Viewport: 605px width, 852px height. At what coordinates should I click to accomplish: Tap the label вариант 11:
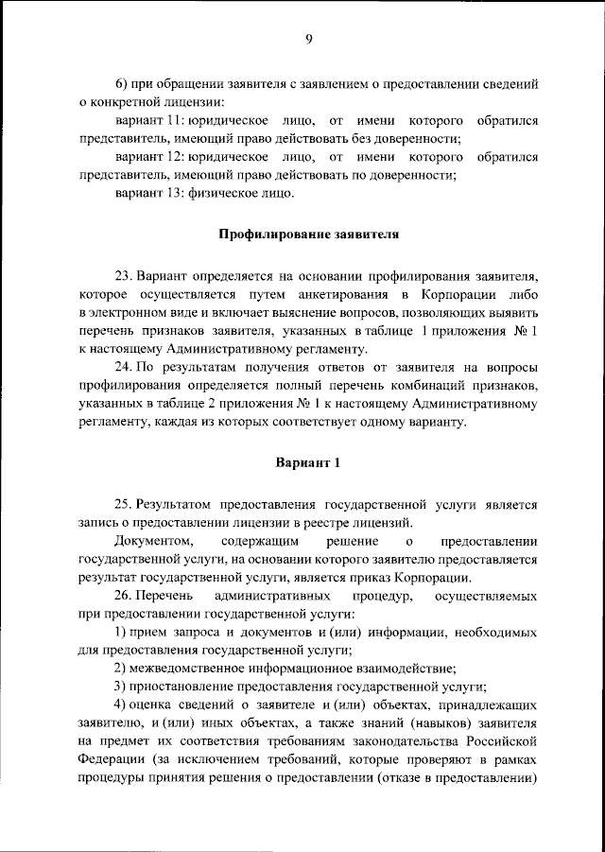(x=147, y=122)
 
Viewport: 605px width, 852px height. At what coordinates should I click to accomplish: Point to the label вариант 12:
(x=147, y=157)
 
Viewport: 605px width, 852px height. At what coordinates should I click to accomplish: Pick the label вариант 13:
(x=147, y=194)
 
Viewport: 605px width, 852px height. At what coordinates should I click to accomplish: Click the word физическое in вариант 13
(x=219, y=194)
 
